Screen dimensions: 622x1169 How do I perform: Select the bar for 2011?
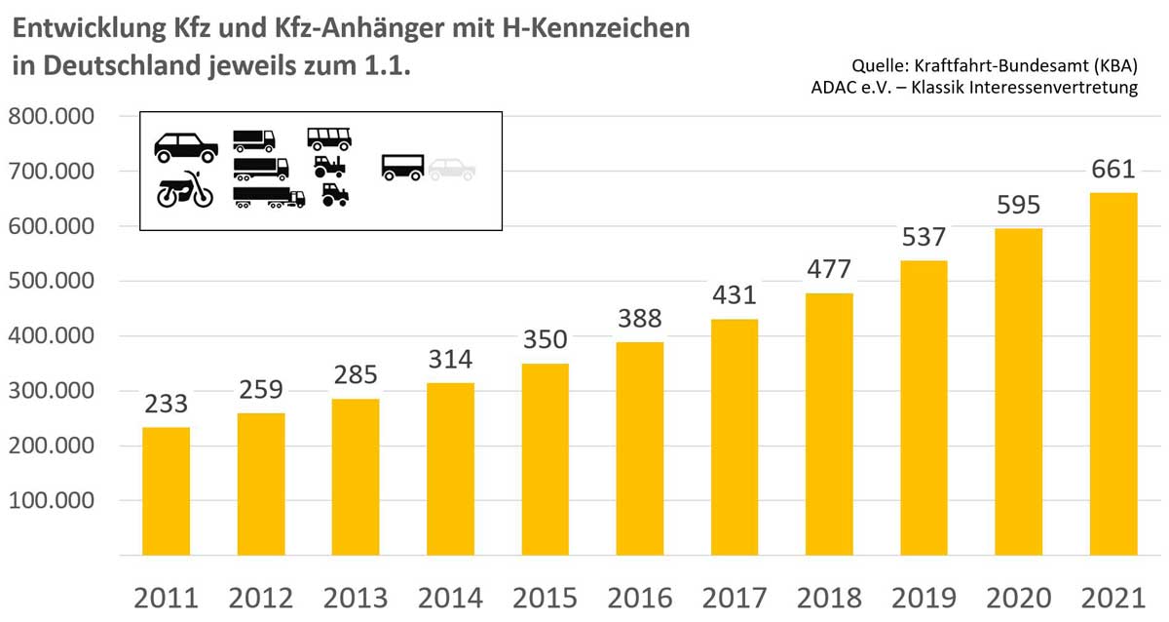167,491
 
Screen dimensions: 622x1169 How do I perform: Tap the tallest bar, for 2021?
1112,374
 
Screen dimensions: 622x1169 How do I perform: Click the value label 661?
1112,169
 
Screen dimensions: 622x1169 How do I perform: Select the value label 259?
261,389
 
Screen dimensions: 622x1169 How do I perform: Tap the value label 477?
829,269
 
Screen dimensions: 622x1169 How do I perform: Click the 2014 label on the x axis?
450,597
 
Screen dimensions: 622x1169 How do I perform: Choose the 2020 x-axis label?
1018,597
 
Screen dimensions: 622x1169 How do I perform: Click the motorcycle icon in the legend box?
185,189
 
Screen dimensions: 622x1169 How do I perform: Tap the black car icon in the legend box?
186,147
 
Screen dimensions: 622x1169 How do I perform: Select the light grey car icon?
452,169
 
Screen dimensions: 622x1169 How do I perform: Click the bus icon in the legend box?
329,138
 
